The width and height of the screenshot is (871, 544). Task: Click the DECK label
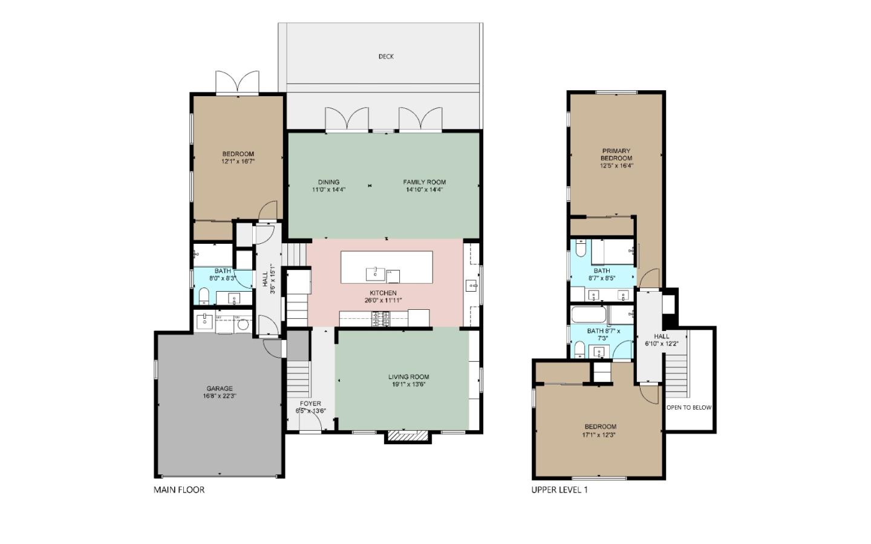[x=386, y=56]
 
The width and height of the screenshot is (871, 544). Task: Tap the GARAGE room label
[x=220, y=388]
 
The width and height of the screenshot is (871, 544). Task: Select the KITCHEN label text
[x=383, y=293]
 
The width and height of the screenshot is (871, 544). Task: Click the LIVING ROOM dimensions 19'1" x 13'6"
[x=409, y=384]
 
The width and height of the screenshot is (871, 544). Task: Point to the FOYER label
[x=310, y=404]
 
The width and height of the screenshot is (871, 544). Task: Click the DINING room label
[x=328, y=182]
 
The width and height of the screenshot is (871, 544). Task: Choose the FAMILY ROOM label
[x=424, y=182]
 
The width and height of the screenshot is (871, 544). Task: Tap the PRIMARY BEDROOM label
[x=617, y=154]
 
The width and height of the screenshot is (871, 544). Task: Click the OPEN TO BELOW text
[x=689, y=407]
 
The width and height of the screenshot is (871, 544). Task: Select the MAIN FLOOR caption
[x=179, y=490]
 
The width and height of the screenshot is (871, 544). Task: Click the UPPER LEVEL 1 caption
[x=559, y=490]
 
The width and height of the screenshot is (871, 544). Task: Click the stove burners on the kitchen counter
[x=380, y=318]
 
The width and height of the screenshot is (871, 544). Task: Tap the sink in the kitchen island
[x=375, y=274]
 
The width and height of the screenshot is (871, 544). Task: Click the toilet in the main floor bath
[x=204, y=296]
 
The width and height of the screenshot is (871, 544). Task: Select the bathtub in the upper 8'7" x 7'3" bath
[x=589, y=315]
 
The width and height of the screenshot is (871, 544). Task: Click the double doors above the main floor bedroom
[x=237, y=82]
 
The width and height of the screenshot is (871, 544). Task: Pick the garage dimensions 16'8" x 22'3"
[x=220, y=396]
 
